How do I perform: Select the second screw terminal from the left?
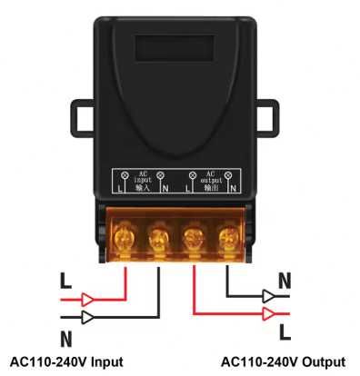tap(156, 239)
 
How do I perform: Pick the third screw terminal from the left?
tap(192, 239)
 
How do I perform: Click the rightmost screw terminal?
tap(226, 239)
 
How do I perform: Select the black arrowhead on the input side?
tap(90, 317)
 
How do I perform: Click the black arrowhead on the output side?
tap(269, 295)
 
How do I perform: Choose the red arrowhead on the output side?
tap(269, 314)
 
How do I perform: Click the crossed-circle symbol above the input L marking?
tap(123, 173)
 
